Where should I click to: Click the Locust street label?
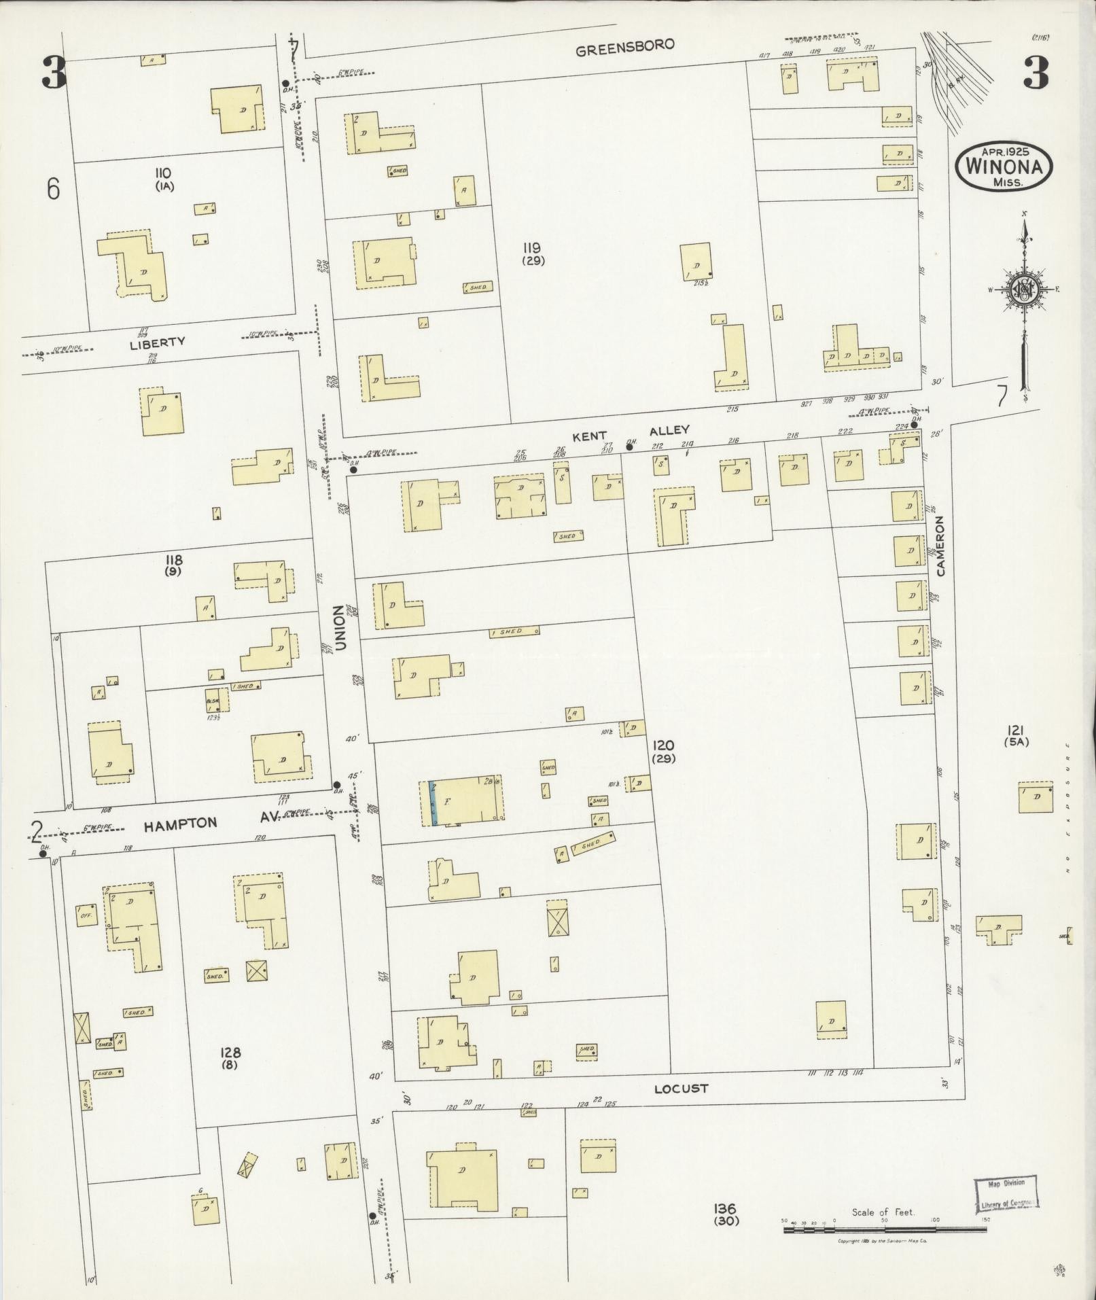click(x=681, y=1088)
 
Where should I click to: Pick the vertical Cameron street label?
click(x=940, y=546)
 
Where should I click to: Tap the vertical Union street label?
click(x=340, y=628)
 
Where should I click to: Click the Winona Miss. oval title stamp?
click(x=1003, y=166)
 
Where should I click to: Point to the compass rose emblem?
click(x=1023, y=290)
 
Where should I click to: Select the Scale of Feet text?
click(x=883, y=1212)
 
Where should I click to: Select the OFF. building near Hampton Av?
click(x=86, y=915)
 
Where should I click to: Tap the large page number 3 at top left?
click(x=54, y=72)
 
